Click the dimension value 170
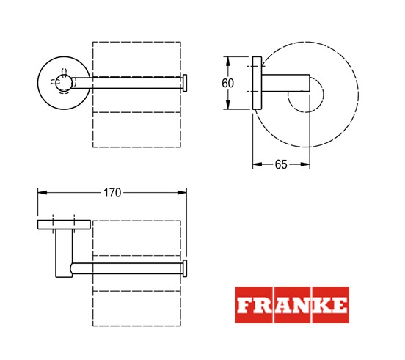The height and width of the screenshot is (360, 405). pyautogui.click(x=112, y=193)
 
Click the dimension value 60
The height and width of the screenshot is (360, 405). pyautogui.click(x=227, y=83)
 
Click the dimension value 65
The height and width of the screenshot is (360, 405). pyautogui.click(x=281, y=164)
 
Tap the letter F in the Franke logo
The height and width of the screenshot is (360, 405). pyautogui.click(x=244, y=305)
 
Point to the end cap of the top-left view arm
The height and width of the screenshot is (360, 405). pyautogui.click(x=185, y=83)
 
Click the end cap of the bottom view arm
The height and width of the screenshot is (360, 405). pyautogui.click(x=185, y=268)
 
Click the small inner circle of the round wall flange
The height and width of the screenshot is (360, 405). pyautogui.click(x=64, y=82)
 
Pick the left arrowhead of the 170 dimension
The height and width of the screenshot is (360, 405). pyautogui.click(x=43, y=193)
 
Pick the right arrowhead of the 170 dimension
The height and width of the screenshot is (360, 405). pyautogui.click(x=182, y=193)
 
